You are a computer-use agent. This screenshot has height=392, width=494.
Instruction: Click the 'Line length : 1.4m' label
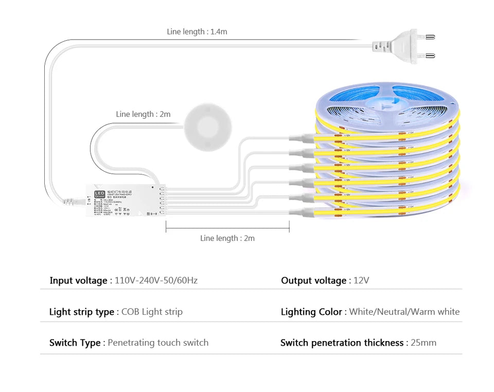[x=197, y=32]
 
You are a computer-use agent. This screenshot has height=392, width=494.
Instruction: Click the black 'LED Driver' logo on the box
[x=99, y=194]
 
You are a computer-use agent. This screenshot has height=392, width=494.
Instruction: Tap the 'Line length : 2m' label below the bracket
[x=227, y=238]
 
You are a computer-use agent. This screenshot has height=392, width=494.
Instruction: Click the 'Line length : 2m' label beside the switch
[x=143, y=114]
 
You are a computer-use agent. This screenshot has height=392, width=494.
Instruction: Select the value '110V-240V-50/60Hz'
[x=156, y=280]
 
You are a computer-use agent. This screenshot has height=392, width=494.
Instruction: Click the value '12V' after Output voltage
[x=361, y=280]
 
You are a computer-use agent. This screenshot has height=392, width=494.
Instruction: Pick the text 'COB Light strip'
[x=152, y=312]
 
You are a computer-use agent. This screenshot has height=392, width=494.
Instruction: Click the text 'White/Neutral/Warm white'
[x=404, y=312]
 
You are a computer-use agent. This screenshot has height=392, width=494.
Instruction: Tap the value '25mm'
[x=423, y=343]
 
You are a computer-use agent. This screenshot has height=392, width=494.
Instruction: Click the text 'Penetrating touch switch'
[x=158, y=343]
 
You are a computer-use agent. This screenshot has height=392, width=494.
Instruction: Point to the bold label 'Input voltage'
[x=78, y=280]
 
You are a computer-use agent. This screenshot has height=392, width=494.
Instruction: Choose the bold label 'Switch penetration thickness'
[x=342, y=343]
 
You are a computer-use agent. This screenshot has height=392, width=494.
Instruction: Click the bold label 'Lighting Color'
[x=311, y=312]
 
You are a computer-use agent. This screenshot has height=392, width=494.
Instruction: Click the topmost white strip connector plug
[x=302, y=137]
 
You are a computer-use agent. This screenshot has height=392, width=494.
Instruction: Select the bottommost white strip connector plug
[x=302, y=212]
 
